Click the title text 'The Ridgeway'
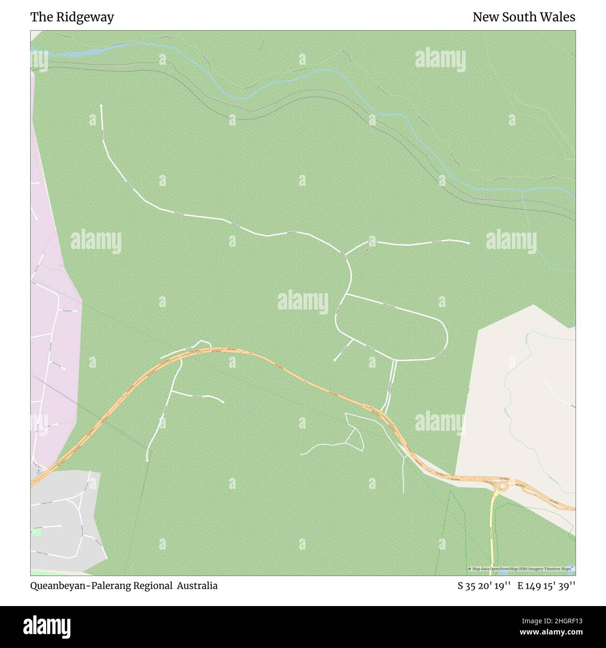[x=72, y=17]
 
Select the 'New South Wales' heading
[x=523, y=17]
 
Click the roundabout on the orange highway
[x=502, y=487]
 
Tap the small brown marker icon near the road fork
[x=367, y=250]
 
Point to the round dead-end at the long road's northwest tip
[x=101, y=106]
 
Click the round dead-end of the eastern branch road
[x=468, y=243]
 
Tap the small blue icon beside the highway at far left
[x=38, y=470]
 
